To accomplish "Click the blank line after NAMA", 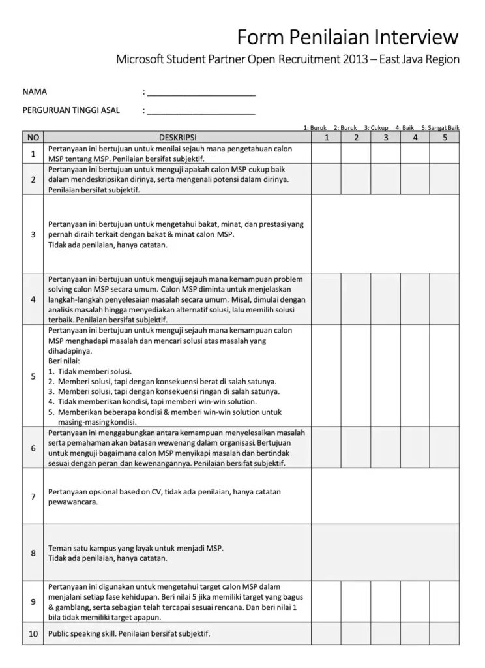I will coord(201,93).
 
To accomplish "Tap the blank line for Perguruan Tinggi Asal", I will coord(201,111).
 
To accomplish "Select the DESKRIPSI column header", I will coord(177,138).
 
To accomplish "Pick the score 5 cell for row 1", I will coord(445,153).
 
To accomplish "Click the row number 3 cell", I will coord(33,234).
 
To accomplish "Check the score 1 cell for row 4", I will coord(327,299).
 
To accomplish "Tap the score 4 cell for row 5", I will coord(415,376).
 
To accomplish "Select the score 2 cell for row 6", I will coord(356,448).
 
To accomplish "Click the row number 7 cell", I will coord(33,496).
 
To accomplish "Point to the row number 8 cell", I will coord(33,553).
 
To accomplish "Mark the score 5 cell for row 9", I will coord(445,601).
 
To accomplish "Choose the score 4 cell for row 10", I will coord(415,633).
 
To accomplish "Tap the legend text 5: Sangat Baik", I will coord(441,128).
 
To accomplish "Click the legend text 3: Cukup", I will coord(376,128).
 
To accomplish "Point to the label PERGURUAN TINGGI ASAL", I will coord(71,110).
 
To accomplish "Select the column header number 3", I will coord(386,138).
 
